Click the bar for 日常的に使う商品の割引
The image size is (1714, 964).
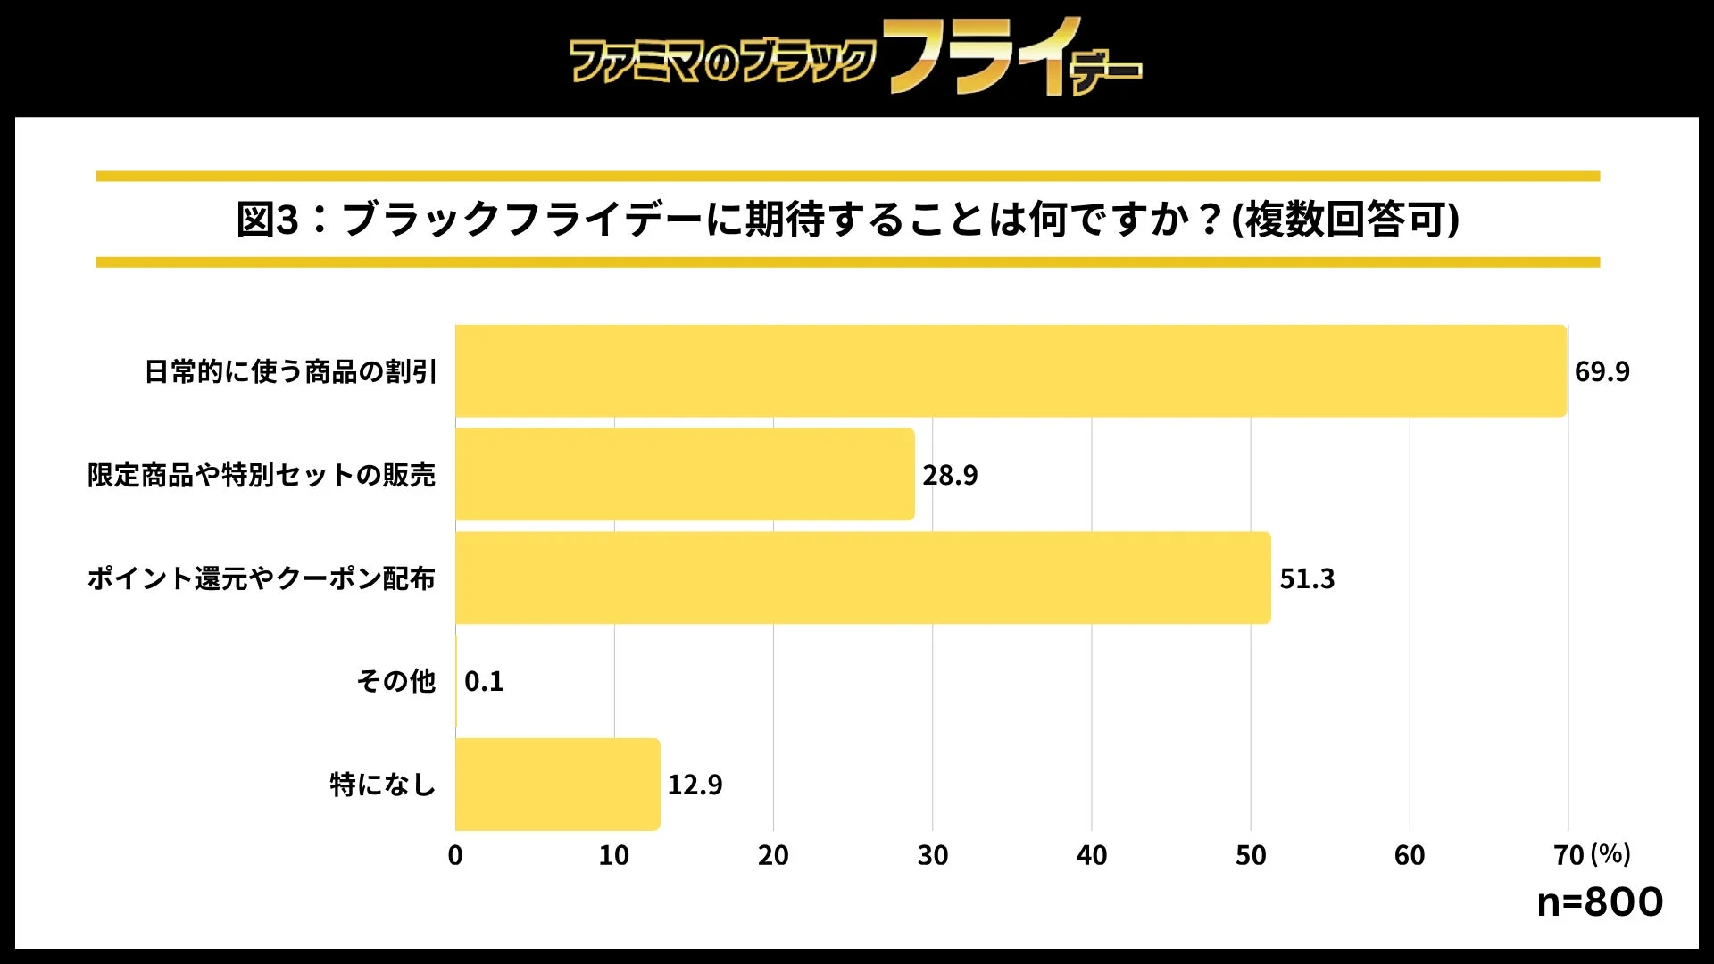click(x=1011, y=370)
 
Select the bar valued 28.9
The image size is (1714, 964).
click(x=685, y=474)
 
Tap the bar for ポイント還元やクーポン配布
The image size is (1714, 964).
click(x=862, y=578)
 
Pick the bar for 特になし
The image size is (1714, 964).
click(x=557, y=784)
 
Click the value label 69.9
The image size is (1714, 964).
click(x=1602, y=371)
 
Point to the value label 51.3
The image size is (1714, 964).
click(x=1307, y=578)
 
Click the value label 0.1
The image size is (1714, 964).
click(x=484, y=682)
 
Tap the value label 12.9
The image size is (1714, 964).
click(x=695, y=785)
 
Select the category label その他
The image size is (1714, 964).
click(x=395, y=681)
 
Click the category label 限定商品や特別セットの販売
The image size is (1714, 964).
click(x=261, y=475)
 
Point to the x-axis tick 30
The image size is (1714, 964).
click(x=932, y=855)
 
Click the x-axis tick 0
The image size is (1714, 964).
click(x=455, y=855)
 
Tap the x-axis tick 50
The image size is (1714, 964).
click(x=1250, y=855)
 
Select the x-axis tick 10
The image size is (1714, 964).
click(x=613, y=855)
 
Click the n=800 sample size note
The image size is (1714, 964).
click(x=1600, y=902)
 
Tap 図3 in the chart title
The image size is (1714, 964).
click(x=266, y=220)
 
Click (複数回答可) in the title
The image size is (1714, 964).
click(x=1345, y=220)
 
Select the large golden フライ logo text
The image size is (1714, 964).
click(x=982, y=55)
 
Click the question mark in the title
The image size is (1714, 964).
click(x=1210, y=220)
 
